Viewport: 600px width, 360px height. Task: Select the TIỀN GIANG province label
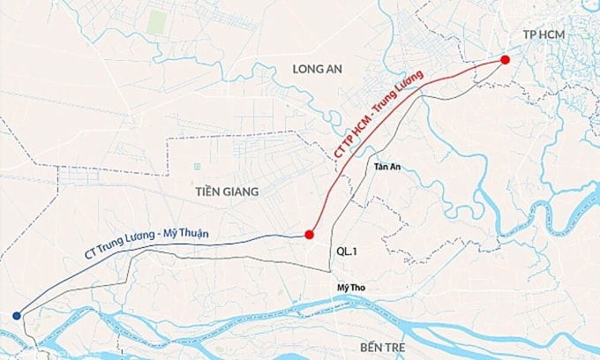[228, 191]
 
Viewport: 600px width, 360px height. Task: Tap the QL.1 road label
[346, 251]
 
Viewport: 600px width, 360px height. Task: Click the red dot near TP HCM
[505, 60]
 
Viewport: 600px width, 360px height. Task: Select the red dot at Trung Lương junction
[309, 235]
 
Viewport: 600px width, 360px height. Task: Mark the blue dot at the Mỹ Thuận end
[17, 315]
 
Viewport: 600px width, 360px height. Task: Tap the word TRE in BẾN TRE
[394, 347]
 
